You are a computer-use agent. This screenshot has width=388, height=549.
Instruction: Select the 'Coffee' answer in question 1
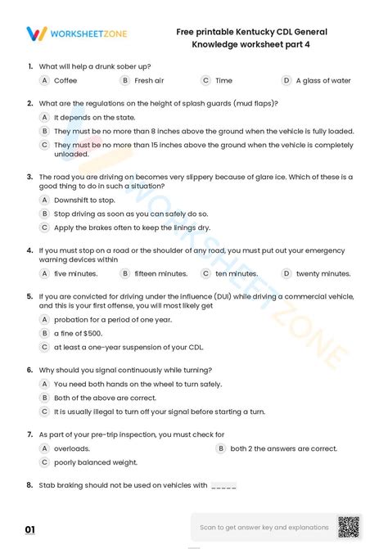(65, 81)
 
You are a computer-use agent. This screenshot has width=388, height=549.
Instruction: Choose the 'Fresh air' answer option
(149, 81)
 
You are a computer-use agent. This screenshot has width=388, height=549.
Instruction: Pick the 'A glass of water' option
(323, 81)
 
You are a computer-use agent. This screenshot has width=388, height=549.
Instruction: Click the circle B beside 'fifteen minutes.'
(125, 274)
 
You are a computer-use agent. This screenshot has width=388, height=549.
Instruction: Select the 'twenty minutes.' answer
(319, 274)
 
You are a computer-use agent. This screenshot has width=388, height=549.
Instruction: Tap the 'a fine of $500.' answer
(78, 334)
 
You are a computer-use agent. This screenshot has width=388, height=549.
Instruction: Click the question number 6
(30, 370)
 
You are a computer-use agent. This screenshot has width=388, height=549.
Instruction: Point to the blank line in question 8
(223, 486)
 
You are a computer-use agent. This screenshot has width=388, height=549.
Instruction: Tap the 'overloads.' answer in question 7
(72, 449)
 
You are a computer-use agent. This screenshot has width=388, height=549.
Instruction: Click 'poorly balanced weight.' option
(95, 462)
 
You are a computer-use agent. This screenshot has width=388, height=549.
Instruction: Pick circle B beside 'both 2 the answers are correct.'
(220, 449)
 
